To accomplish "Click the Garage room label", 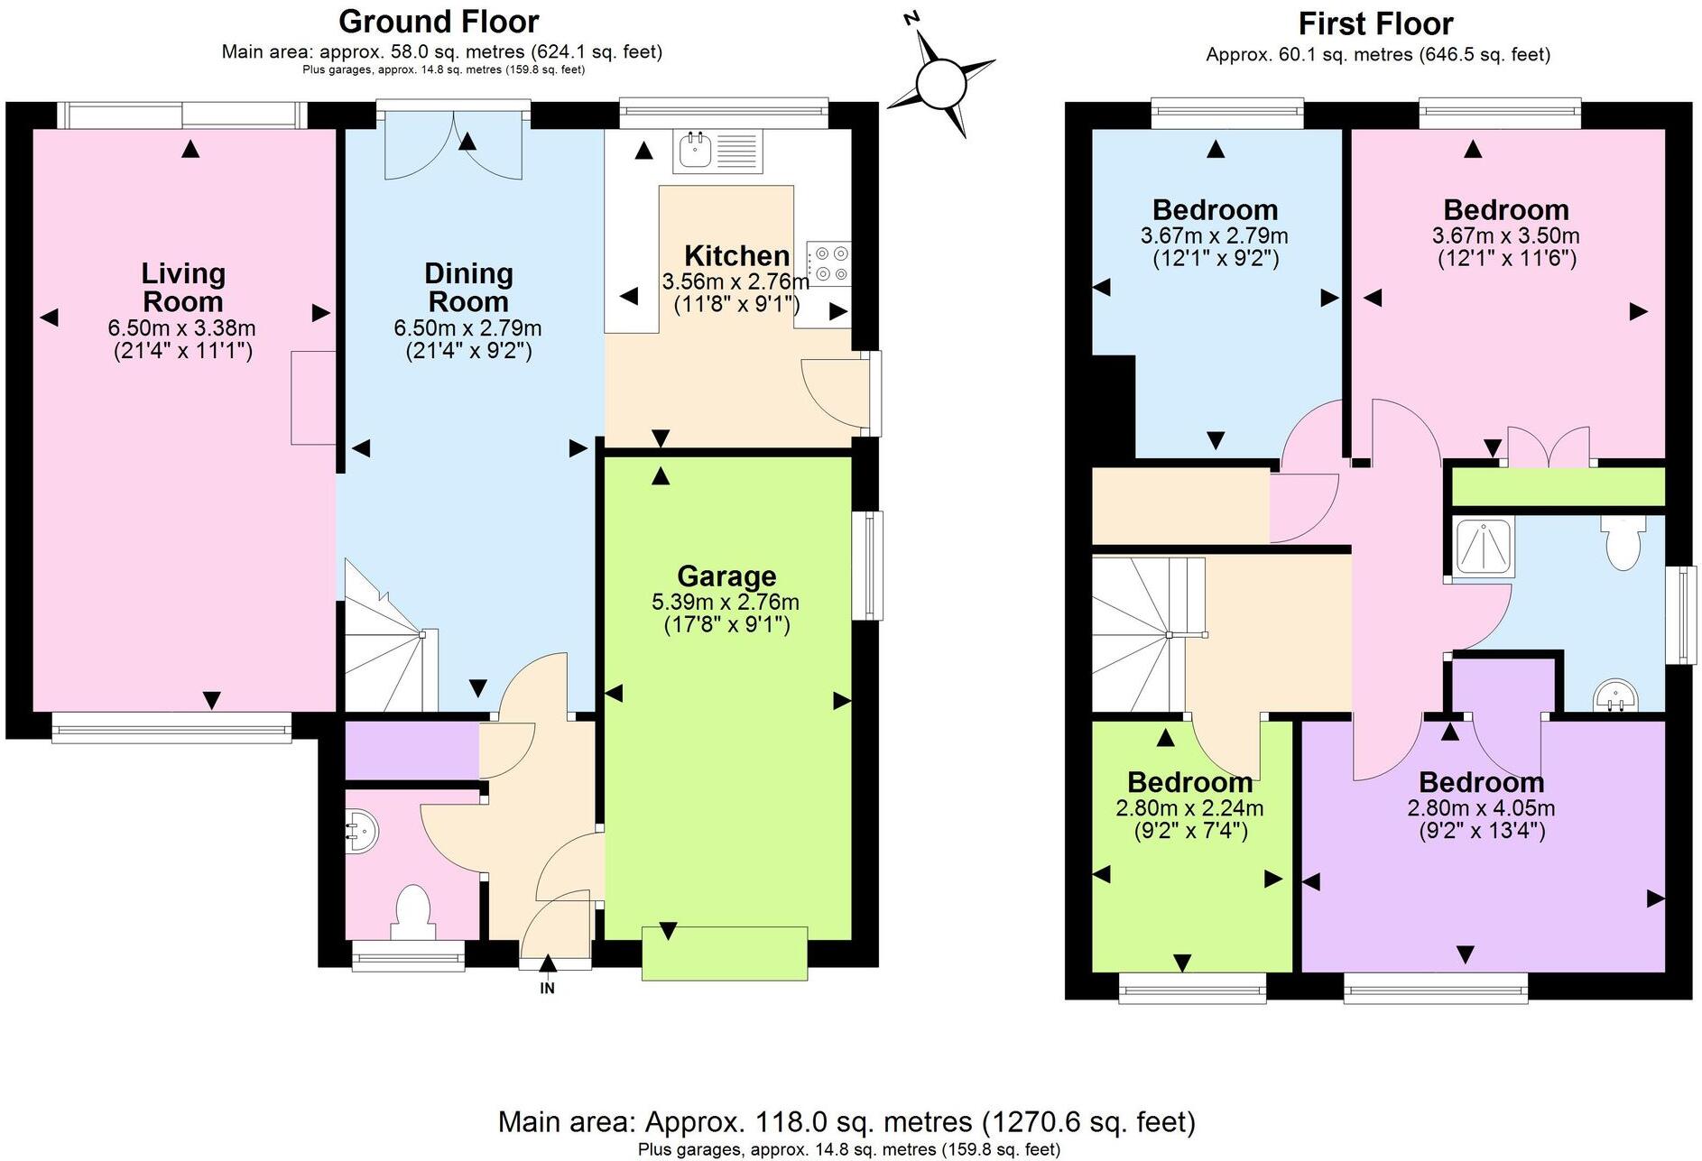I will (x=726, y=576).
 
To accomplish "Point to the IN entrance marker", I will (x=547, y=988).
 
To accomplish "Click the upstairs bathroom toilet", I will (x=1623, y=543).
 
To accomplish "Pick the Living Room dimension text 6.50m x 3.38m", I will (x=181, y=328).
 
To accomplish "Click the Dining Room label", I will (x=468, y=287).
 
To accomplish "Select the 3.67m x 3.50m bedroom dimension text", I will (x=1505, y=236).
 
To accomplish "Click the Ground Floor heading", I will (x=439, y=21).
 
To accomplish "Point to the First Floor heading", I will (x=1375, y=23).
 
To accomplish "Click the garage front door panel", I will (x=724, y=953).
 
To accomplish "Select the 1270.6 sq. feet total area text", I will (x=1088, y=1121).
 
